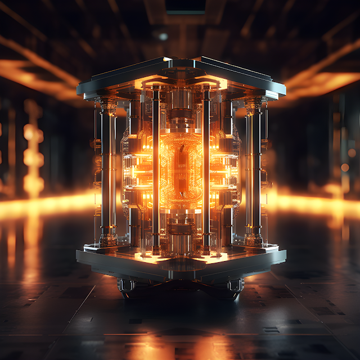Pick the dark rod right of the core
tap(206, 169)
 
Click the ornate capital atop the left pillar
tap(107, 105)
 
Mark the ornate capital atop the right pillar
tap(254, 105)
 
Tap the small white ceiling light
tap(163, 37)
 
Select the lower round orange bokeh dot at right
tap(344, 167)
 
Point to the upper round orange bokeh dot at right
tap(352, 152)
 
